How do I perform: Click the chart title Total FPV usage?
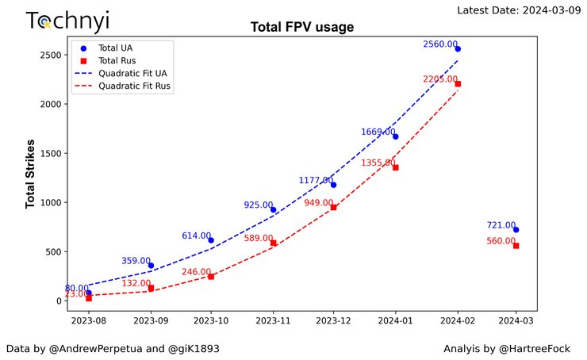pos(301,27)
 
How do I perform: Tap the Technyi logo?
pos(67,21)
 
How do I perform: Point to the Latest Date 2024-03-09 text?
pos(520,10)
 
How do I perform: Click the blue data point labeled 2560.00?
pos(458,49)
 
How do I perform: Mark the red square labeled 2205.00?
pos(458,84)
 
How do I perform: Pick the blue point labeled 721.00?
pos(516,230)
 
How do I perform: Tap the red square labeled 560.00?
pos(516,246)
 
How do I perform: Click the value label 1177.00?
pos(317,181)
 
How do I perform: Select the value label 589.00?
pos(258,238)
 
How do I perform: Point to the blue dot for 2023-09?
pos(151,266)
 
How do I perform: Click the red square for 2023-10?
pos(211,276)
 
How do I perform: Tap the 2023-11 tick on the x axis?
pos(273,321)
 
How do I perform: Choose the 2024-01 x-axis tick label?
pos(395,321)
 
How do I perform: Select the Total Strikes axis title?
pos(31,174)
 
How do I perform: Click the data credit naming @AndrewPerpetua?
pos(113,349)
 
